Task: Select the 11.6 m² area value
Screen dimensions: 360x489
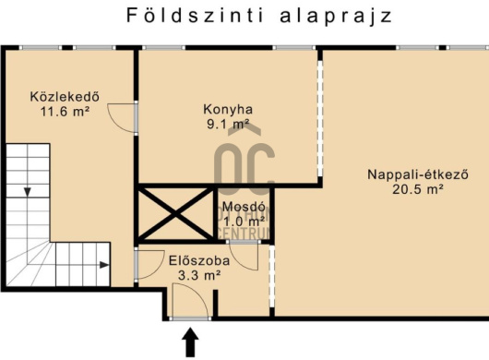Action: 64,111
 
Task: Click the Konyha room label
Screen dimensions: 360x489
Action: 227,107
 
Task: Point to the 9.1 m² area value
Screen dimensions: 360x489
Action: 227,123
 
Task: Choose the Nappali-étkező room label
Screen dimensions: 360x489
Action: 405,174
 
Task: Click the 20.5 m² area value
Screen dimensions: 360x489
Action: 405,189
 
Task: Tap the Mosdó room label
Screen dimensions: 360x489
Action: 244,207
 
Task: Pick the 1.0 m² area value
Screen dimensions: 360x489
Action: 244,222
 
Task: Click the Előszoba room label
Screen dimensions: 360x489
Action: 193,259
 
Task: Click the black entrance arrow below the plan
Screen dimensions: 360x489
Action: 191,342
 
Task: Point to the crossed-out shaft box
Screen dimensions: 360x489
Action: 174,213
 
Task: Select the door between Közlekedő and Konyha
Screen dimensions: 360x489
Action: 124,117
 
